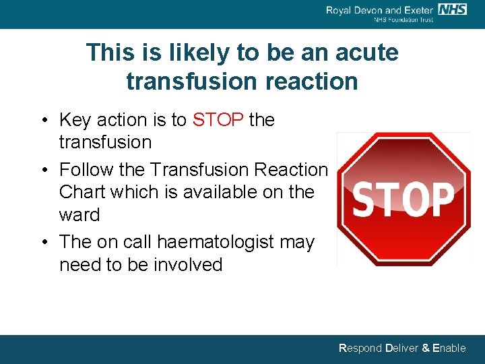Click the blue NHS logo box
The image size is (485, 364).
(452, 9)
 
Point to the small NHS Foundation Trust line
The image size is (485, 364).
(403, 20)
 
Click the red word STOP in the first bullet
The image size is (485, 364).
(218, 120)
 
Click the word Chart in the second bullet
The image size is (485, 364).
(82, 192)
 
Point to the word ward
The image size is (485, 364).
(79, 215)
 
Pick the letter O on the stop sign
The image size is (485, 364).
(414, 198)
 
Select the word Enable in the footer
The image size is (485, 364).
(449, 348)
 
